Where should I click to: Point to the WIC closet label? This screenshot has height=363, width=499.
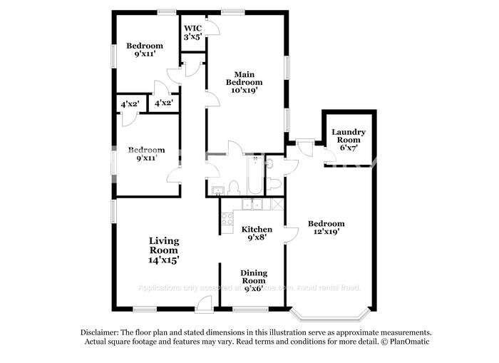[x=192, y=28]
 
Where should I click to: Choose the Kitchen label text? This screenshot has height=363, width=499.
[x=256, y=229]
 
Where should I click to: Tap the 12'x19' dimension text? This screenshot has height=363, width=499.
[x=326, y=232]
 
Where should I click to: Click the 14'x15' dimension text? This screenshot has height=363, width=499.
[x=163, y=261]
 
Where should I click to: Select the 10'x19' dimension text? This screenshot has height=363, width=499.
[x=244, y=91]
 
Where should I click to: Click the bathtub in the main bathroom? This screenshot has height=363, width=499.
[x=255, y=175]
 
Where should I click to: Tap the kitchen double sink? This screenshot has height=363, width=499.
[x=252, y=205]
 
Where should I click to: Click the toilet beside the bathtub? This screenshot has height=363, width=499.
[x=233, y=187]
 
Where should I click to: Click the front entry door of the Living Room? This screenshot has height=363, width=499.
[x=205, y=305]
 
